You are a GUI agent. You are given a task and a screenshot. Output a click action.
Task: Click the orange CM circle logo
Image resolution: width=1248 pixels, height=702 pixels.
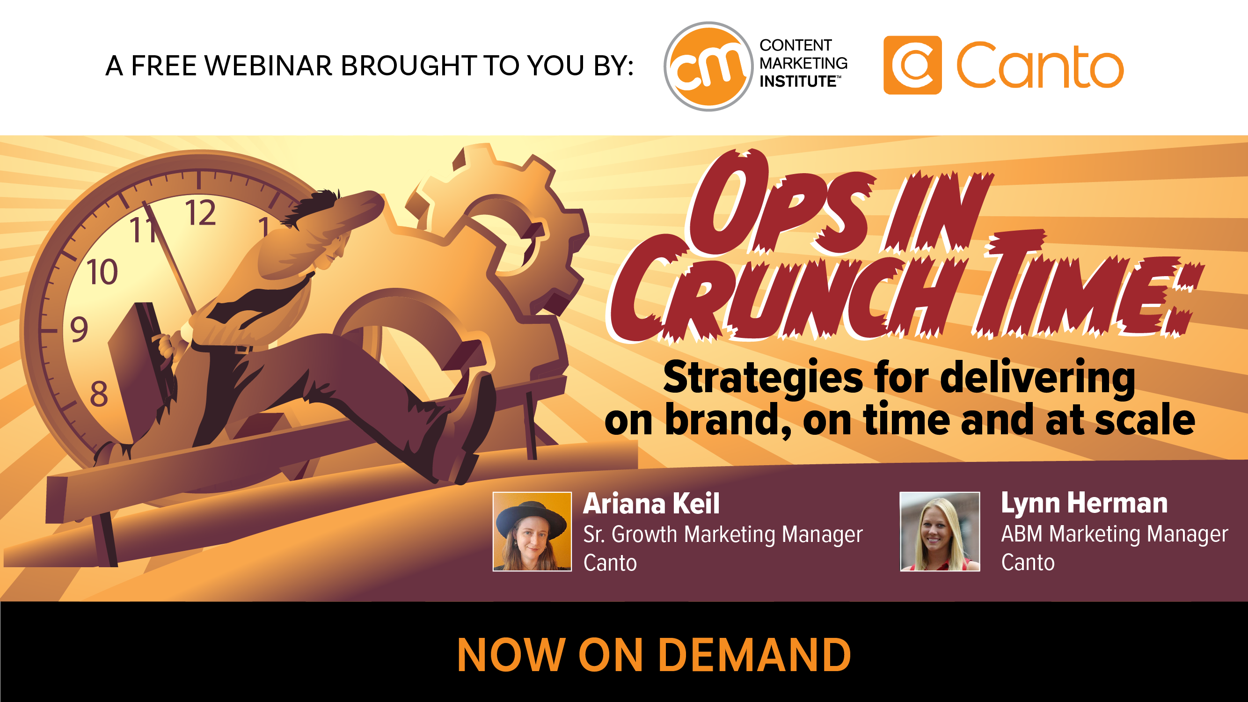point(709,66)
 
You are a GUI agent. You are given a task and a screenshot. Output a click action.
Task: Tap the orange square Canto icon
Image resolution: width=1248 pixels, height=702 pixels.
point(912,65)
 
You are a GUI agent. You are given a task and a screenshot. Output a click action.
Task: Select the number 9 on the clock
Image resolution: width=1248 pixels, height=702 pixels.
point(79,329)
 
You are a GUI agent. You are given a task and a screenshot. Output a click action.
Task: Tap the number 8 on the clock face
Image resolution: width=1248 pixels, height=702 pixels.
point(99,394)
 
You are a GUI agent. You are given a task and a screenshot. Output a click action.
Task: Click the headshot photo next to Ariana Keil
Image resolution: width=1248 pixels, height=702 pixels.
point(532,532)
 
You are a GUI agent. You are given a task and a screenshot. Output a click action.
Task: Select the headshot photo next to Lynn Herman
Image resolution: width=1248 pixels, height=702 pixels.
point(940,532)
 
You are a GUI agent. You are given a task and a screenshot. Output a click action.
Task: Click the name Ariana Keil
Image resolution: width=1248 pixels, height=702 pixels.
point(651,504)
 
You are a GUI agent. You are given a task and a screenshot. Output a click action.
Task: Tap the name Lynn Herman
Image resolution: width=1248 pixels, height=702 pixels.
point(1084,504)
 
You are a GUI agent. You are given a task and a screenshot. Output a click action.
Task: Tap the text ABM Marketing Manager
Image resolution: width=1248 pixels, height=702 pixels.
point(1114,534)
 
